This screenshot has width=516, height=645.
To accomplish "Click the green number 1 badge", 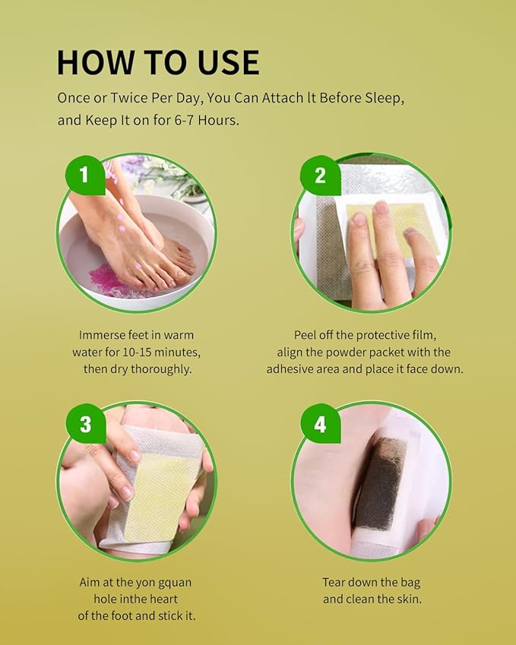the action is click(x=85, y=175).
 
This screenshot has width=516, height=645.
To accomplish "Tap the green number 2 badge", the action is click(x=320, y=175).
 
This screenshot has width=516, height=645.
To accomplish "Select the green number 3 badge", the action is click(x=86, y=423).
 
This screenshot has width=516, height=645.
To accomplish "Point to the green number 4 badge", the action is click(x=320, y=423).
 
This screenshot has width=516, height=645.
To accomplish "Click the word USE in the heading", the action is click(x=229, y=62).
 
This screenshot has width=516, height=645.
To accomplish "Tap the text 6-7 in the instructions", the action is click(x=185, y=120).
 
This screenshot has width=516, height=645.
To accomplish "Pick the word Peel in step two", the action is click(x=305, y=335).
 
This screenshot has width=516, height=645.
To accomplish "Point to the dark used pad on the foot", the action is click(x=380, y=484).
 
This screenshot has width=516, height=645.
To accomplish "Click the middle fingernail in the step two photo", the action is click(x=381, y=207).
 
